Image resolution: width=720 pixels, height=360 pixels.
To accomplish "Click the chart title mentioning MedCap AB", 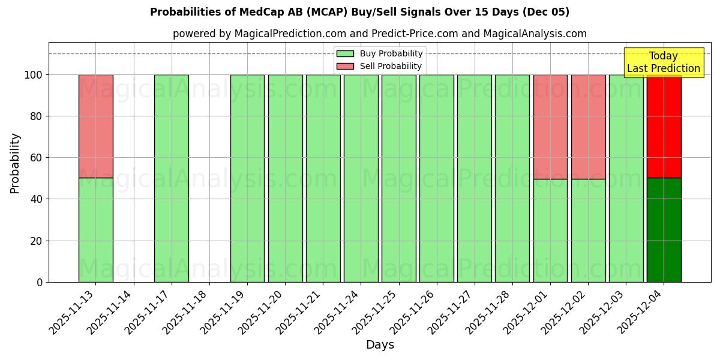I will [359, 12].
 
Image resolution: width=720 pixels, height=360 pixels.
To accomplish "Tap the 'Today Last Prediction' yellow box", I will [663, 62].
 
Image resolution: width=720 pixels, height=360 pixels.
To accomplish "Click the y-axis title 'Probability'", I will [15, 163].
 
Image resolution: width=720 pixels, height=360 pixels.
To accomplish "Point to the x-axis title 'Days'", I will [380, 345].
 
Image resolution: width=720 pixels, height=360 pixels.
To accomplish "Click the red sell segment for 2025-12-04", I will [664, 127].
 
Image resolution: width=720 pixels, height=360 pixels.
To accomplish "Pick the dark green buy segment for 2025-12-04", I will [664, 230].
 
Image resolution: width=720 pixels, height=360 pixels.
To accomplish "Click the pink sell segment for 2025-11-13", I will [95, 127].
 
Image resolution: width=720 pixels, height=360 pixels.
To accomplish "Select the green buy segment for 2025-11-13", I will [95, 230].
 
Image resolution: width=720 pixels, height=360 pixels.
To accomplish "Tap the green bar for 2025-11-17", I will [171, 178].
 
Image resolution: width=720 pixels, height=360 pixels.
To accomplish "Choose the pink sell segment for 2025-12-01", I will [550, 127].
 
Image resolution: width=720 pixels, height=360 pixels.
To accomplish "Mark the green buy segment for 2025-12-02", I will [588, 230].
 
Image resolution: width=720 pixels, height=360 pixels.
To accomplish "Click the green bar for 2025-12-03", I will [626, 178].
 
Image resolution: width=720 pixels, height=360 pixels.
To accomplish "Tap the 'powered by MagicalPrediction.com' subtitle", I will [380, 34].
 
